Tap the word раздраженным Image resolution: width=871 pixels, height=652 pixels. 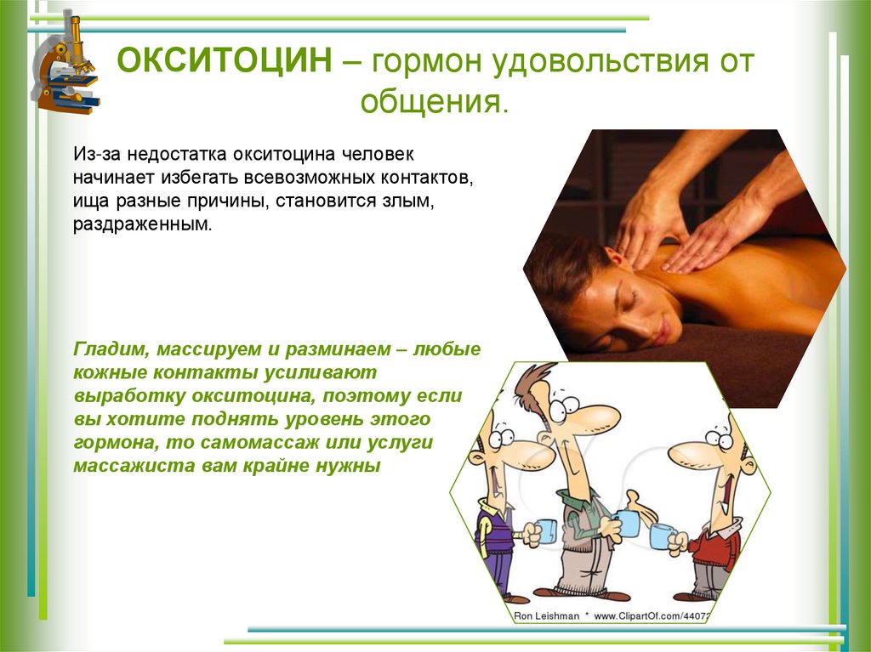tap(140, 229)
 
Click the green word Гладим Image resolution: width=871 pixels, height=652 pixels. tap(105, 350)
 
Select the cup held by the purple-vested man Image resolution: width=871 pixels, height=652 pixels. tap(544, 531)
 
